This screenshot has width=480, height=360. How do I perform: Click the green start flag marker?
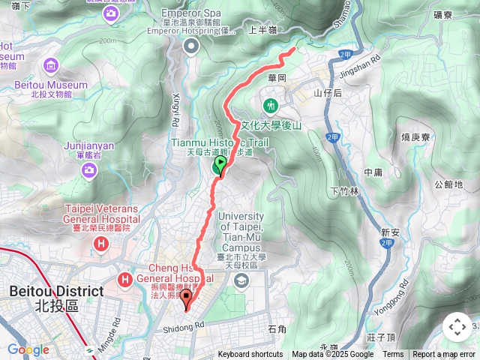220,165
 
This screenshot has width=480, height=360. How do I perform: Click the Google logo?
28,349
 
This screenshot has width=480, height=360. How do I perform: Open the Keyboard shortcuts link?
250,355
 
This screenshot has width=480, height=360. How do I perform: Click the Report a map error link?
444,355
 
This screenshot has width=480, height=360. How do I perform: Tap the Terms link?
393,355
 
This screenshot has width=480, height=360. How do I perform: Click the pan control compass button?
457,327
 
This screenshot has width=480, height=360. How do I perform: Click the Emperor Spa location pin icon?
190,47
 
